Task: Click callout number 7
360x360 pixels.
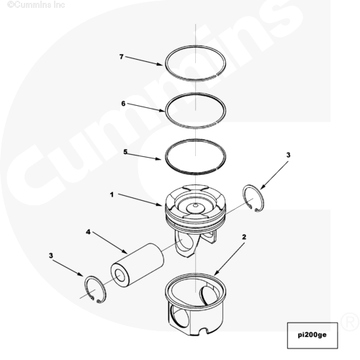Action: (122, 57)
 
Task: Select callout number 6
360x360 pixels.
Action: (123, 104)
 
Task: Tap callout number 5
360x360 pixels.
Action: (125, 152)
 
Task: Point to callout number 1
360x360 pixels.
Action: (112, 194)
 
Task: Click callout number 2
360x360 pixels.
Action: (244, 237)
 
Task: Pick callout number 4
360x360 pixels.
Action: (89, 232)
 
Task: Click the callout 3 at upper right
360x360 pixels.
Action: (288, 155)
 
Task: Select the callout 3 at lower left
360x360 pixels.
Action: (51, 256)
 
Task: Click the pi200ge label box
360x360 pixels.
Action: (312, 336)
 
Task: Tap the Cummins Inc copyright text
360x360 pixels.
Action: (36, 4)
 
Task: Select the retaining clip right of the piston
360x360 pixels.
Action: (253, 199)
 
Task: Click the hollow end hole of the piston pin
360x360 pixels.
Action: (120, 275)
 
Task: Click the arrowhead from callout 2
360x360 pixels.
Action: (216, 272)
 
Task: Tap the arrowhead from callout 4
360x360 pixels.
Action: (125, 252)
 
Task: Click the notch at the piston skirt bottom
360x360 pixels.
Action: (202, 330)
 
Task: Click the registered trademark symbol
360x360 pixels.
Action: (350, 322)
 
